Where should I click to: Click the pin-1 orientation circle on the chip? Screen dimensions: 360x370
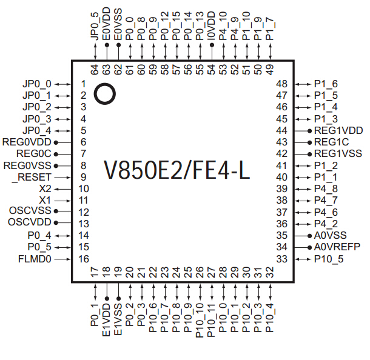(105, 93)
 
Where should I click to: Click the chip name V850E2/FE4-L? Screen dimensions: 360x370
(177, 170)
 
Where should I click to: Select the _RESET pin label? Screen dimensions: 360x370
(32, 177)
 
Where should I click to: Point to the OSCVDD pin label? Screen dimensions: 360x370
(30, 224)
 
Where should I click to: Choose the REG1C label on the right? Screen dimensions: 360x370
(331, 142)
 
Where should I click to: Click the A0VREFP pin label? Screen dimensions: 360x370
(337, 247)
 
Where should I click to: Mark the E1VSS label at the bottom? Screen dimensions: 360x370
(118, 319)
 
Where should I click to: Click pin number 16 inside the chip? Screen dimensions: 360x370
(84, 259)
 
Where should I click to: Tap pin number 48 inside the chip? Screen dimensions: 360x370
(281, 84)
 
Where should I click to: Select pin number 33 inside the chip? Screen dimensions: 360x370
(281, 259)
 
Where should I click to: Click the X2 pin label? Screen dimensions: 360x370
(46, 188)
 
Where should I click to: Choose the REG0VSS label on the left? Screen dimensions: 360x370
(28, 165)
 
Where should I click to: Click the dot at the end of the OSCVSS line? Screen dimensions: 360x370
(56, 212)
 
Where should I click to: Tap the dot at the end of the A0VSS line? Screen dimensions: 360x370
(309, 236)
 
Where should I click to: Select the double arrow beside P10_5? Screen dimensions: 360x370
(301, 259)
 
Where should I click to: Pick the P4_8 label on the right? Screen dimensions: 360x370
(326, 188)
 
